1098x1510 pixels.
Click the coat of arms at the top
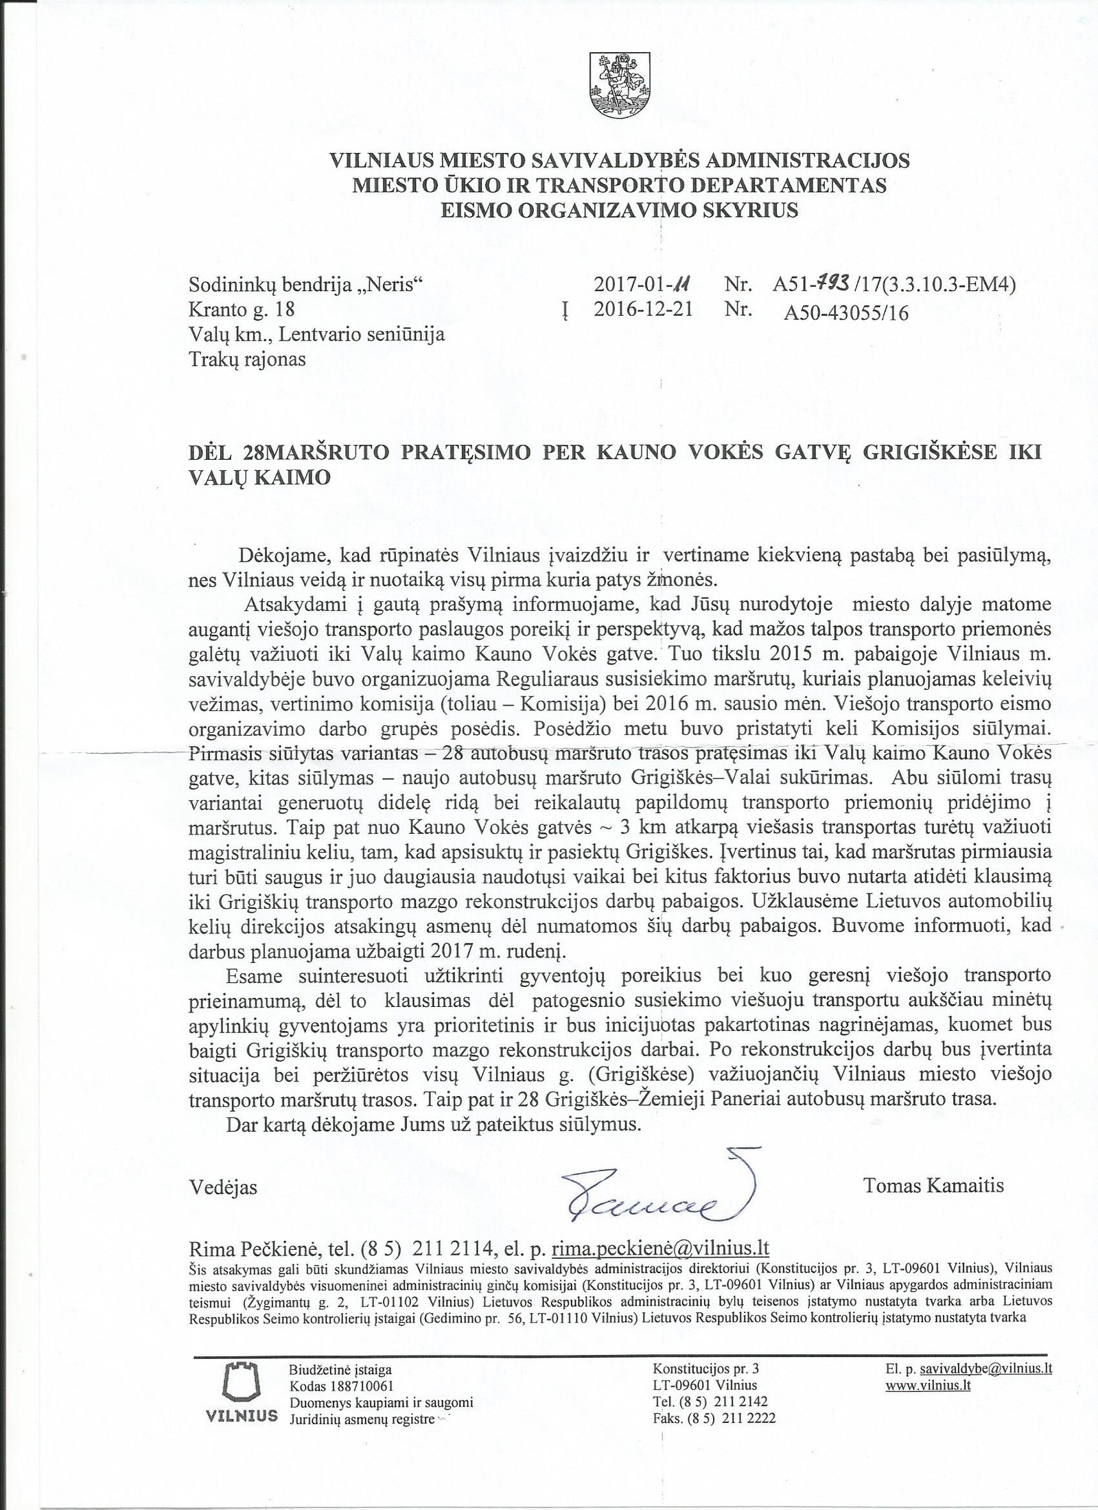tap(620, 85)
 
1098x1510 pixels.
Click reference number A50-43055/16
tap(846, 313)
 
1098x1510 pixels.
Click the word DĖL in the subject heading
tap(213, 453)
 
